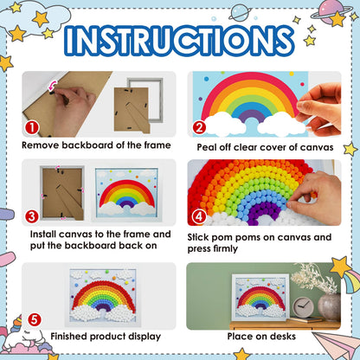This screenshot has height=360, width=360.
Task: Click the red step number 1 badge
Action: click(32, 128)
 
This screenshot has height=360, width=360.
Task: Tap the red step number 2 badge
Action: click(199, 128)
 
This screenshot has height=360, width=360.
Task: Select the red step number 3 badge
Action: click(32, 216)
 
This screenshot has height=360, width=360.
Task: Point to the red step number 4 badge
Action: click(199, 216)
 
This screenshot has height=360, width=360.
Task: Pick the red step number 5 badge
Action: click(35, 319)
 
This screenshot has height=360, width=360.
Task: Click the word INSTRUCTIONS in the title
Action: click(179, 41)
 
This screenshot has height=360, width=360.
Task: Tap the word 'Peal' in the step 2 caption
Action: click(207, 147)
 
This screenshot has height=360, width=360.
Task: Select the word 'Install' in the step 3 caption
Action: click(43, 234)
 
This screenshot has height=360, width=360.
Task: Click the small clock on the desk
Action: click(303, 307)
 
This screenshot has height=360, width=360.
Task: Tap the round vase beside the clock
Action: click(329, 307)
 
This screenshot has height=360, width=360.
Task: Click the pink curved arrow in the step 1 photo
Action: click(52, 86)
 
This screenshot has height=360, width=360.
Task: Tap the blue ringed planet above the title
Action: click(240, 12)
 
